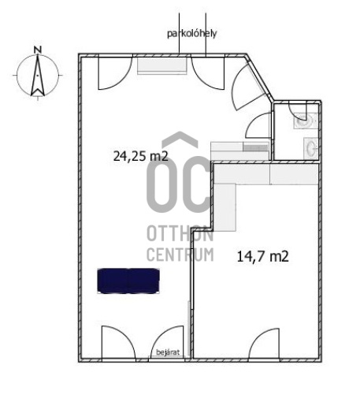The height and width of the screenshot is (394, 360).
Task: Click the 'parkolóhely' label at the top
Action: click(x=192, y=34)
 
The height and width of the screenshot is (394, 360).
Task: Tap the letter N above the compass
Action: click(x=38, y=50)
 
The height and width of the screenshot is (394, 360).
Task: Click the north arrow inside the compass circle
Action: click(x=38, y=76)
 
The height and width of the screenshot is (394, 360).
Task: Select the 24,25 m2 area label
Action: click(x=140, y=156)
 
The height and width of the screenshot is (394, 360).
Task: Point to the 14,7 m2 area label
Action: click(x=263, y=256)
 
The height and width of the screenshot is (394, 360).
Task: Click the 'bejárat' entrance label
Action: click(x=168, y=352)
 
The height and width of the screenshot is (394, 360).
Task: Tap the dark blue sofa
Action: click(x=128, y=281)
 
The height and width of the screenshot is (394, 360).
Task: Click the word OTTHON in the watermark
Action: click(x=180, y=233)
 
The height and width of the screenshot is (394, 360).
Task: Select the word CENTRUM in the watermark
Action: click(x=180, y=255)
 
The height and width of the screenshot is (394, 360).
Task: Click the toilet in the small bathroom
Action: click(x=305, y=121)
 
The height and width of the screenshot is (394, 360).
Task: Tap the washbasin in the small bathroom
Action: click(x=310, y=148)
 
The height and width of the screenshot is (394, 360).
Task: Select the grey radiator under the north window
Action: click(x=162, y=65)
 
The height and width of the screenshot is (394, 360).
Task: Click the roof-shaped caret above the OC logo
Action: click(x=180, y=139)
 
